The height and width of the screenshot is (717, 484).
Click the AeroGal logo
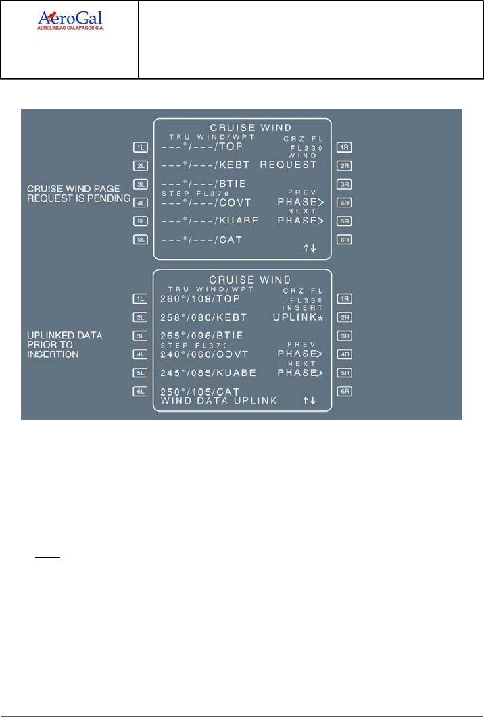74,21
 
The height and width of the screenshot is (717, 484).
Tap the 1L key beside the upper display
140,147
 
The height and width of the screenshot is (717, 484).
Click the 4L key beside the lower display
140,354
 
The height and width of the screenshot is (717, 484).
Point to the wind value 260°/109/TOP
201,298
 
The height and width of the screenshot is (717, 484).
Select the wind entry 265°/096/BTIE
201,336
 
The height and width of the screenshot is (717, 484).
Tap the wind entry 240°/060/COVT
205,354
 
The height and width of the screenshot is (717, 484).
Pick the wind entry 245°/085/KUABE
207,373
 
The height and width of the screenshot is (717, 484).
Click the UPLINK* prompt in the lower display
297,317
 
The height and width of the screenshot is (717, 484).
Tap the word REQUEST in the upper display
289,165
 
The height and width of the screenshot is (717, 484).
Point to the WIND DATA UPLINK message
219,401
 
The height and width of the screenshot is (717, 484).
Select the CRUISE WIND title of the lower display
241,280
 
